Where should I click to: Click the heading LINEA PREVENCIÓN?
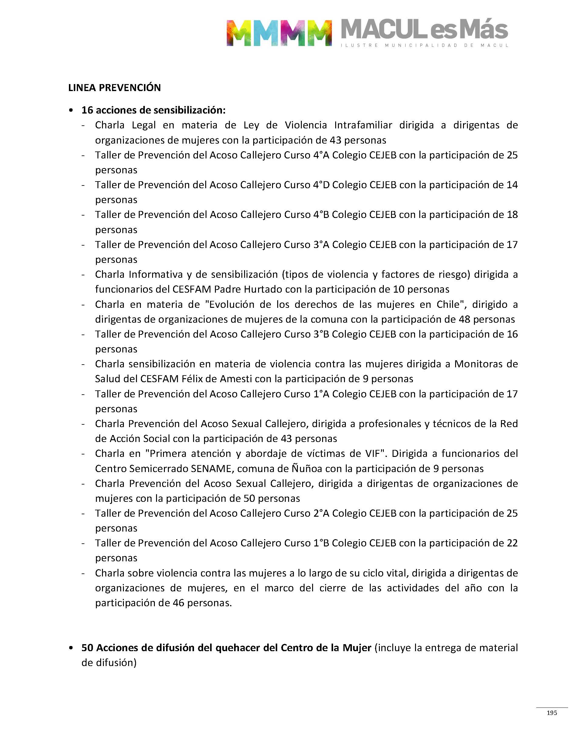114,88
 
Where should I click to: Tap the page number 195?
552,713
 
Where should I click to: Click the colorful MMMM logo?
279,33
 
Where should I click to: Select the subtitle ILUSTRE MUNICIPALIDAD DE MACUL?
424,45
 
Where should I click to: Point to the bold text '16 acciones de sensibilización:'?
153,110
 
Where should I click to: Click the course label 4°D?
321,185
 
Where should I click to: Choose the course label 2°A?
321,513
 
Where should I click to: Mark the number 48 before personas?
465,319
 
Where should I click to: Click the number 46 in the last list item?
179,603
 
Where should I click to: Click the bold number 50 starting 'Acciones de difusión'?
87,648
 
